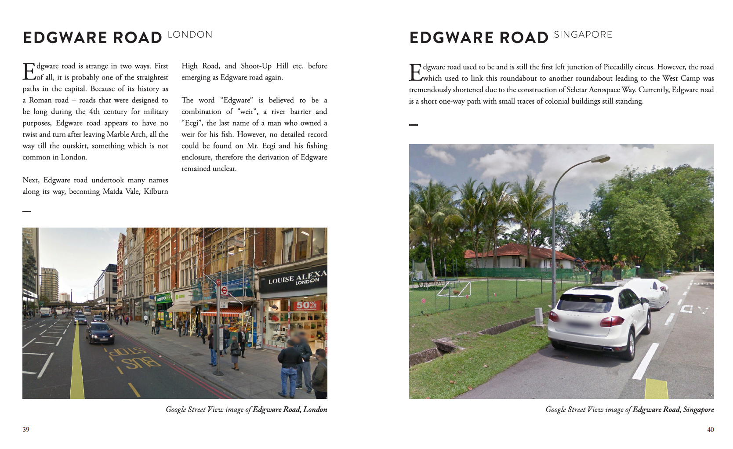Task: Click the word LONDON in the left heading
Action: coord(190,35)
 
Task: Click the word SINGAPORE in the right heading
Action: coord(583,35)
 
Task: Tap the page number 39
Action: coord(26,430)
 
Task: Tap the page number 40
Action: coord(710,430)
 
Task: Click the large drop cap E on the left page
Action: coord(29,72)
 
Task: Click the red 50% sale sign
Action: coord(306,305)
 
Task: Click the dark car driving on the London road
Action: coord(100,332)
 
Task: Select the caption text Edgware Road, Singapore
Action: coord(673,409)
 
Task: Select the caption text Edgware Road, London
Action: coord(290,409)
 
